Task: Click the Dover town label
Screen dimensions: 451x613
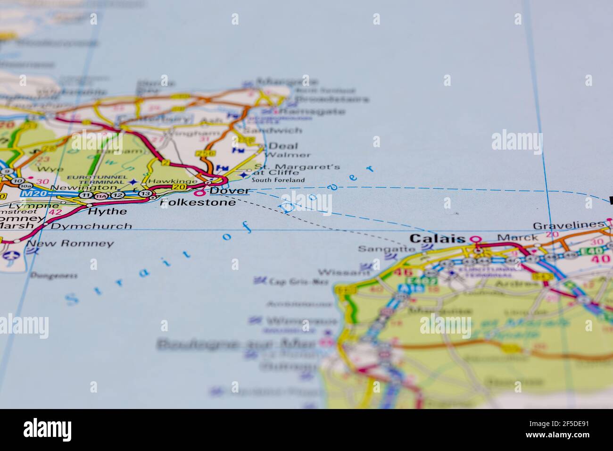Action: click(229, 191)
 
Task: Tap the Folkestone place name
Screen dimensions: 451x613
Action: click(198, 203)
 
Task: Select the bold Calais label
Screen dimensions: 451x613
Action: click(437, 239)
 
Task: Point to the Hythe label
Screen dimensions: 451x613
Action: click(108, 211)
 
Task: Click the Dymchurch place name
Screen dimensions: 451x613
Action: click(91, 226)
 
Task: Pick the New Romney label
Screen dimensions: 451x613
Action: click(70, 243)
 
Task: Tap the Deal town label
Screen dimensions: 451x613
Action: click(283, 146)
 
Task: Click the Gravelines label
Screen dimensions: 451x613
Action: click(568, 225)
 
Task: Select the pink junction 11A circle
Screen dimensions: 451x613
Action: click(100, 196)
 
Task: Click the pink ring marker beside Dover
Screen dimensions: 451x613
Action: click(201, 192)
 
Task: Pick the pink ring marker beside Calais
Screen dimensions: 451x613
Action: click(477, 239)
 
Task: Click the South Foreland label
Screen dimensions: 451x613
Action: click(278, 180)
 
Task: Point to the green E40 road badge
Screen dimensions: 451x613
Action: click(590, 251)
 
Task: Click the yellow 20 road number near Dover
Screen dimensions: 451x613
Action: click(179, 187)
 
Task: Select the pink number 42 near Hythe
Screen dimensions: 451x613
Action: click(55, 212)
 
